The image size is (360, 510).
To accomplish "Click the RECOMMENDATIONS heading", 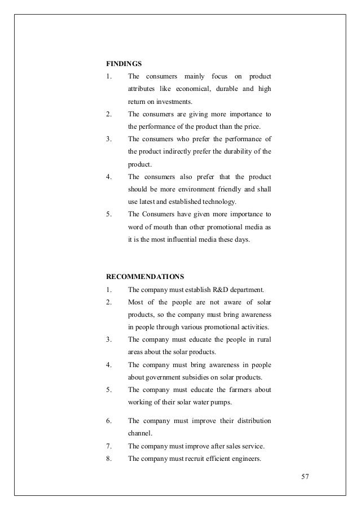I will (x=145, y=277).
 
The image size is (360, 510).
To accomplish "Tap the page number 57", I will (x=305, y=476).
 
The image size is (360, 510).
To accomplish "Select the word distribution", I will (x=249, y=421).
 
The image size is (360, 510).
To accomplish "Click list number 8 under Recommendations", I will (x=108, y=459).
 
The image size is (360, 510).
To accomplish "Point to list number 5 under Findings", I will (x=108, y=215).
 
